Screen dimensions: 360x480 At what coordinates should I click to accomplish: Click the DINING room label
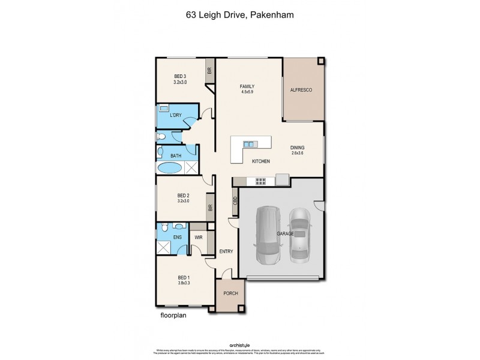coord(298,148)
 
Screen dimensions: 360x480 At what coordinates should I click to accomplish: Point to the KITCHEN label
coord(260,162)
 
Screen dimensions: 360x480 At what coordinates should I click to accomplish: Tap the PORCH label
coord(230,293)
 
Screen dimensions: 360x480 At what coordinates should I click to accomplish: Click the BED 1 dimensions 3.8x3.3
coord(184,283)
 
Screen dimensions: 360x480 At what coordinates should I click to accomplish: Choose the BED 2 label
coord(184,195)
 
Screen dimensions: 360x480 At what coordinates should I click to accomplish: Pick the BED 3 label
coord(180,76)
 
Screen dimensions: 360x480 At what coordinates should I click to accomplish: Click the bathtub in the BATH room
coord(170,167)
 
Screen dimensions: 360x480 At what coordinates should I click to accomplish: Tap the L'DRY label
coord(176,115)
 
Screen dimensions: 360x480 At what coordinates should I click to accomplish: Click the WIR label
coord(198,238)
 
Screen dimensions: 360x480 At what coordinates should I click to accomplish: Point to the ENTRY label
coord(226,251)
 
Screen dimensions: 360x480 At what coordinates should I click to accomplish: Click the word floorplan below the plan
coord(173,314)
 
